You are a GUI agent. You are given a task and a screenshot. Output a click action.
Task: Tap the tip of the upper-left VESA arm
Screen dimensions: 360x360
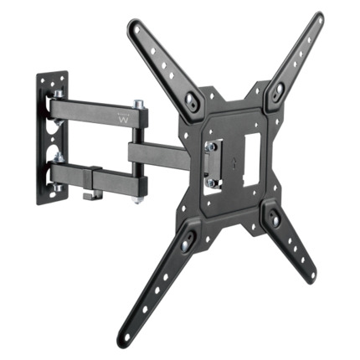click(133, 28)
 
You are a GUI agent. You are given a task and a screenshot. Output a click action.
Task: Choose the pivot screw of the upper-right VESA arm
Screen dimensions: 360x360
click(274, 94)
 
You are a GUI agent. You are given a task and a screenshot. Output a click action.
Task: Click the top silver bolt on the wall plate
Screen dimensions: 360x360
click(59, 95)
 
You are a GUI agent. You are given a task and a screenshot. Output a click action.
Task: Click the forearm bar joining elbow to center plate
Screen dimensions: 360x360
click(159, 153)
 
